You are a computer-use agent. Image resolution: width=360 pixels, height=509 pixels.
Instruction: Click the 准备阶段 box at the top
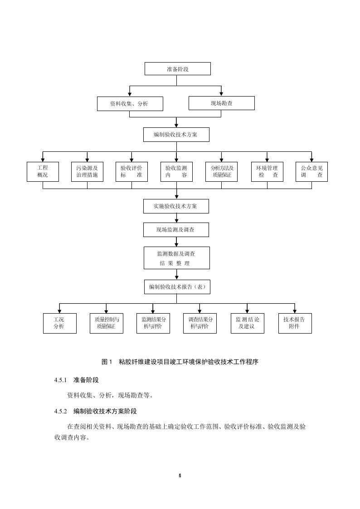177,69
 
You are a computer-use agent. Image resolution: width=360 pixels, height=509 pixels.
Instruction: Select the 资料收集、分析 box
130,104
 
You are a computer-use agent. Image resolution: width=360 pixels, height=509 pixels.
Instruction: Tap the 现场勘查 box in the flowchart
221,103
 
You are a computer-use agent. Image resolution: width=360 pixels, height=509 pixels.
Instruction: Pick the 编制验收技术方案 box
176,135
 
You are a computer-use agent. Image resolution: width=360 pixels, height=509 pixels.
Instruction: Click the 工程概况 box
43,171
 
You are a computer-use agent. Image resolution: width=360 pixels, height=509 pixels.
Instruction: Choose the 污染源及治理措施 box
87,171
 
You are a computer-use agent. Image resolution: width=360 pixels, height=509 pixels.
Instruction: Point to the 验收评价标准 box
131,171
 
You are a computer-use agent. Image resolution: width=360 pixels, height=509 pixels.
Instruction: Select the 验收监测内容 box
176,171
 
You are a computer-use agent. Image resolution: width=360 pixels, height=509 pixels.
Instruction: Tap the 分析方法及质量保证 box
221,171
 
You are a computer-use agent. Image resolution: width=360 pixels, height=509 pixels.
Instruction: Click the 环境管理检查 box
267,171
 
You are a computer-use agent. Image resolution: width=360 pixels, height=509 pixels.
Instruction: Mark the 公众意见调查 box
311,171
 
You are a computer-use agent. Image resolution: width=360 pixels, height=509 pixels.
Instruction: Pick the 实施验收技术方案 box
176,206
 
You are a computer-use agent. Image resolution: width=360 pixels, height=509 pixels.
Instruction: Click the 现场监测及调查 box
176,230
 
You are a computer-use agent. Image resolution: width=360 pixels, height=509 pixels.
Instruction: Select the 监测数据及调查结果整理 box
177,258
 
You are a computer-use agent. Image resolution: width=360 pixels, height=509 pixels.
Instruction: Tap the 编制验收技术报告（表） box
177,287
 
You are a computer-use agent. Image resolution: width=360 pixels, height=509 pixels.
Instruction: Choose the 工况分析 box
59,323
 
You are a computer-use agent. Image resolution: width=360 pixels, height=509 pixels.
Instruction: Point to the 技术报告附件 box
295,323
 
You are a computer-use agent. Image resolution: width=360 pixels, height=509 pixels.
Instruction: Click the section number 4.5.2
60,412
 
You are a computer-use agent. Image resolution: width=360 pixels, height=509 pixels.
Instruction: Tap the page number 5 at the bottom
180,475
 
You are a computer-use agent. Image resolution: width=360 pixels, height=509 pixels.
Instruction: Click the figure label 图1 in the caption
107,362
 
